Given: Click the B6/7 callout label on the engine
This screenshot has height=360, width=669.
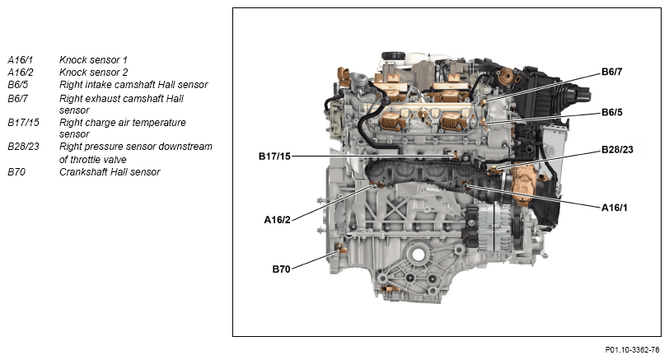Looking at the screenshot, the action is pos(611,72).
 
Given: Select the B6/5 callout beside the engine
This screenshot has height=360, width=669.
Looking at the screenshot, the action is pos(611,112).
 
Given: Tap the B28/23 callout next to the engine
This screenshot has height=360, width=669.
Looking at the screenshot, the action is pos(617,150).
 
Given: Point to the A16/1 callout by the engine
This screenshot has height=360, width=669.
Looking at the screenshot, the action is pos(614,208).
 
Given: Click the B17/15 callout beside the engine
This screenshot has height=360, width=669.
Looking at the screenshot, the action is pos(274,157).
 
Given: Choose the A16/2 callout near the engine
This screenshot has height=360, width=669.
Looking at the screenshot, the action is pos(277,220).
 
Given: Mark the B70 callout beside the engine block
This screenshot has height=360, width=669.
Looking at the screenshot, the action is pos(281,269).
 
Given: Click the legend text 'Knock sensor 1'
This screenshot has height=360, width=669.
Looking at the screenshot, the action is pos(93,59).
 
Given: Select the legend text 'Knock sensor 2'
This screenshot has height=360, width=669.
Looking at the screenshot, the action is pos(93,72).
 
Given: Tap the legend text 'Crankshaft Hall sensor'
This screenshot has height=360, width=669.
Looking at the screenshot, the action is pos(110,172).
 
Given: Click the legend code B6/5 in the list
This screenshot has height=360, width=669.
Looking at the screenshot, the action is pos(18,85).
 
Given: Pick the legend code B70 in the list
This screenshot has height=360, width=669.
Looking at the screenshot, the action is pos(16,172).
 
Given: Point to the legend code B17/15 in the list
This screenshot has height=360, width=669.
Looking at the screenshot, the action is pos(23,123).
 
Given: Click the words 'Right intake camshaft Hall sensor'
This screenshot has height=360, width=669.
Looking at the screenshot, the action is pos(133,85).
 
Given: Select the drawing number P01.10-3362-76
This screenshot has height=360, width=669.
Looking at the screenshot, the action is pos(632,350).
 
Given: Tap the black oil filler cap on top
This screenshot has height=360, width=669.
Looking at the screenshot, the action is pos(393,56).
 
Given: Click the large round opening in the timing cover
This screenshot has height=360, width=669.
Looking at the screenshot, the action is pos(418,255).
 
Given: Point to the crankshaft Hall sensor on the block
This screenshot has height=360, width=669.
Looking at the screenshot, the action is pos(339,248).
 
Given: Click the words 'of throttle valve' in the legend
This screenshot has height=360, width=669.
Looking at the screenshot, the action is pos(92,160).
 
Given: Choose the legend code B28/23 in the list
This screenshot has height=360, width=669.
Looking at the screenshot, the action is pos(23,147).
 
